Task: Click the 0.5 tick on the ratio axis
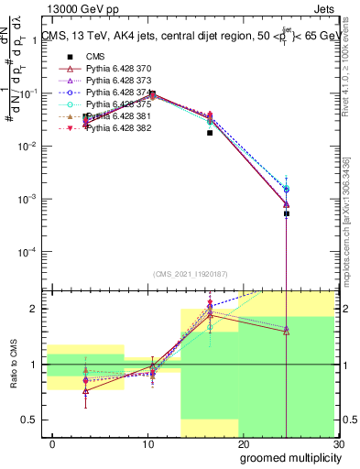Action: point(32,420)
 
